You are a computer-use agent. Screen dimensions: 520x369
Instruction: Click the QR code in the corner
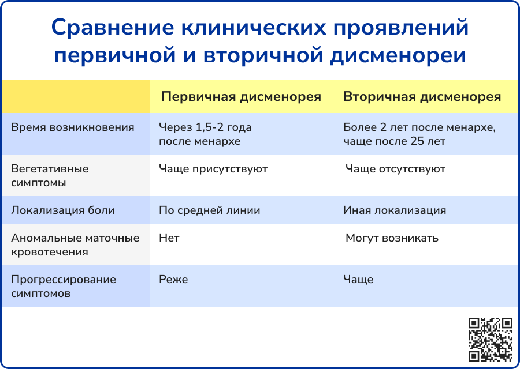click(x=491, y=339)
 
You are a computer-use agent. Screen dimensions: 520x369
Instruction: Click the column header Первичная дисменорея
click(x=241, y=97)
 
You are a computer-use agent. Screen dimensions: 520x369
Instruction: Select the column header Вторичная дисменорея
click(x=422, y=97)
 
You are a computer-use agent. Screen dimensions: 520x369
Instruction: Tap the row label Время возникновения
click(x=73, y=127)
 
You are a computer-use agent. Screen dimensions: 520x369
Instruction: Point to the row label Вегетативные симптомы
click(x=50, y=176)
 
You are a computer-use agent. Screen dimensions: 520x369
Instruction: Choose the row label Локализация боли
click(x=62, y=210)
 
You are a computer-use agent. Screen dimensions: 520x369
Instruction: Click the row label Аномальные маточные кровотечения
click(x=75, y=245)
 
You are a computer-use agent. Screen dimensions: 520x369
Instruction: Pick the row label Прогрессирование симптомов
click(x=64, y=287)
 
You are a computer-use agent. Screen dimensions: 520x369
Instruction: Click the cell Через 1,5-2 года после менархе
click(x=205, y=134)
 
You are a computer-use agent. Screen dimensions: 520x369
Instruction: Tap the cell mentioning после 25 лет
click(x=419, y=134)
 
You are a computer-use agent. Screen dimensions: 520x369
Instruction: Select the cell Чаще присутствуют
click(x=213, y=169)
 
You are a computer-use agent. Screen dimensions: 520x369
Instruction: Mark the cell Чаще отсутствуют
click(x=395, y=169)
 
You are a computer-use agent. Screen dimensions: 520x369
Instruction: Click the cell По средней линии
click(x=210, y=210)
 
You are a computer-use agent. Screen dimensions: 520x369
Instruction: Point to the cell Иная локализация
click(x=395, y=210)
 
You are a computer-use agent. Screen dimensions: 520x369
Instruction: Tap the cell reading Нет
click(x=169, y=238)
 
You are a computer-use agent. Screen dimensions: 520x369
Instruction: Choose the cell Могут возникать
click(x=392, y=238)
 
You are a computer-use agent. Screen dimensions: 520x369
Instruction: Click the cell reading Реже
click(x=173, y=280)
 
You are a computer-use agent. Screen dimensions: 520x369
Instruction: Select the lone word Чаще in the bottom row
click(x=358, y=280)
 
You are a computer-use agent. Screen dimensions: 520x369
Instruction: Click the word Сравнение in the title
click(x=113, y=28)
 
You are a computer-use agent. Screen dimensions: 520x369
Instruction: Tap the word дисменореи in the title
click(x=398, y=55)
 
